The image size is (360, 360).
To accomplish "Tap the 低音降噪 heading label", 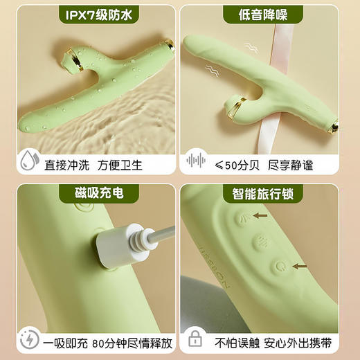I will point(269,15).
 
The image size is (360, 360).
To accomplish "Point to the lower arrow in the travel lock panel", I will point(299,265).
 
